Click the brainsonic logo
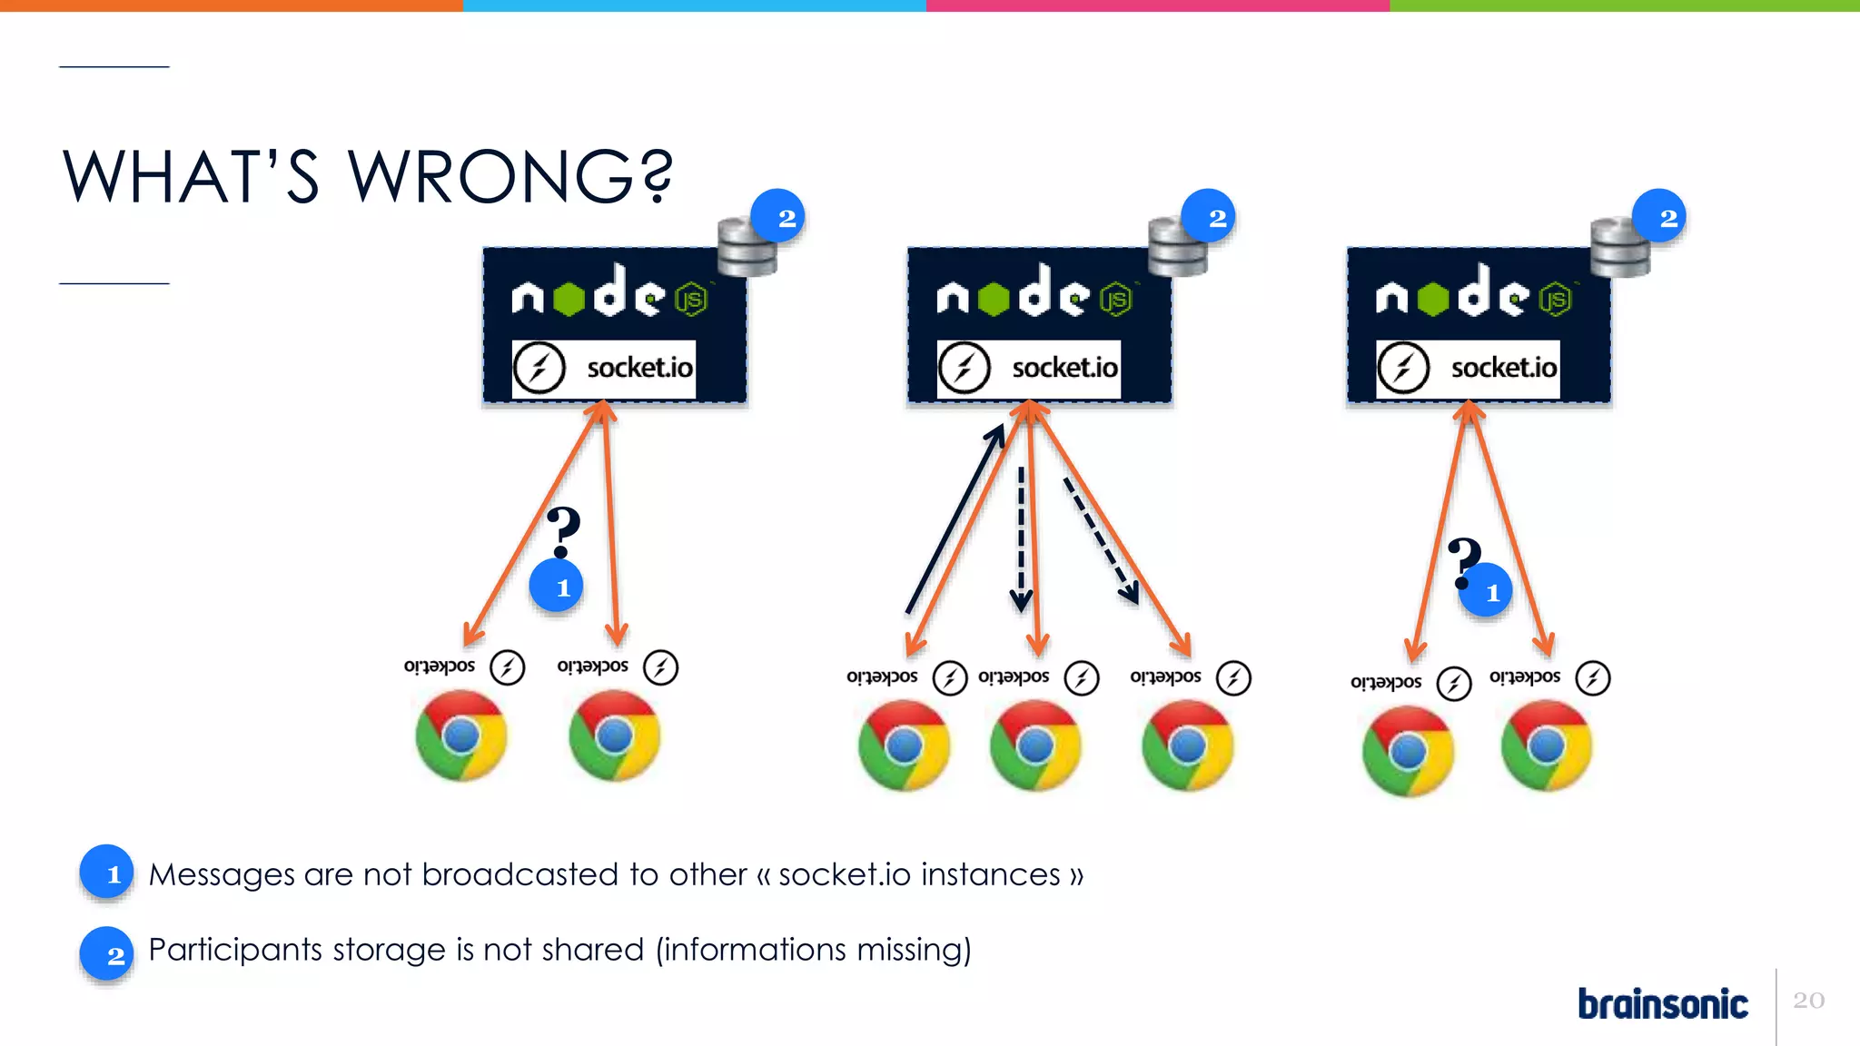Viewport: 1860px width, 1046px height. click(x=1662, y=1003)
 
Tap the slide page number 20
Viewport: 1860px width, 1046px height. click(x=1808, y=1000)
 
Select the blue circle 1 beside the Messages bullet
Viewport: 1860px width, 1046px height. click(x=107, y=873)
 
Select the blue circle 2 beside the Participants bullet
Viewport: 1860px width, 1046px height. click(x=107, y=953)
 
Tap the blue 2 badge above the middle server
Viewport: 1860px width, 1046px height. click(x=1209, y=217)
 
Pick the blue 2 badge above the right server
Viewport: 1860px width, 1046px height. click(x=1659, y=216)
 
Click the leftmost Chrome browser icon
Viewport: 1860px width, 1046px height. click(x=461, y=735)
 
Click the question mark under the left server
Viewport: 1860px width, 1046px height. click(x=563, y=531)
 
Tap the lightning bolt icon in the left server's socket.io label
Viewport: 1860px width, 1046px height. click(x=539, y=369)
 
